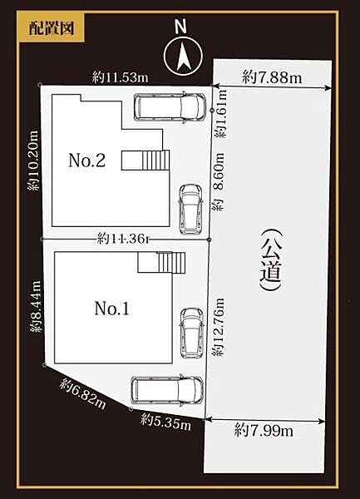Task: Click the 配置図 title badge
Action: pyautogui.click(x=52, y=28)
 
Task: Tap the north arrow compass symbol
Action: pyautogui.click(x=183, y=56)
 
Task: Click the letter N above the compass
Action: pyautogui.click(x=181, y=26)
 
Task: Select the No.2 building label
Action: pyautogui.click(x=86, y=160)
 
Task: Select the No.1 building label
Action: pyautogui.click(x=111, y=309)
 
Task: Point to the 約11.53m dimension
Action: pyautogui.click(x=121, y=77)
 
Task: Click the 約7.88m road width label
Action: pyautogui.click(x=272, y=77)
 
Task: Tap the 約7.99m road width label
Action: pyautogui.click(x=264, y=431)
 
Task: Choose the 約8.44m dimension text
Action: pyautogui.click(x=35, y=306)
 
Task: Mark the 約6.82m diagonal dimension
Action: pyautogui.click(x=82, y=393)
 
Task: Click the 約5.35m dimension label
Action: pyautogui.click(x=165, y=422)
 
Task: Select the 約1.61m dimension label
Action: pyautogui.click(x=221, y=114)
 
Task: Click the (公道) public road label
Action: pyautogui.click(x=271, y=259)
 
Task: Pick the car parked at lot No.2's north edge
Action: pyautogui.click(x=170, y=107)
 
